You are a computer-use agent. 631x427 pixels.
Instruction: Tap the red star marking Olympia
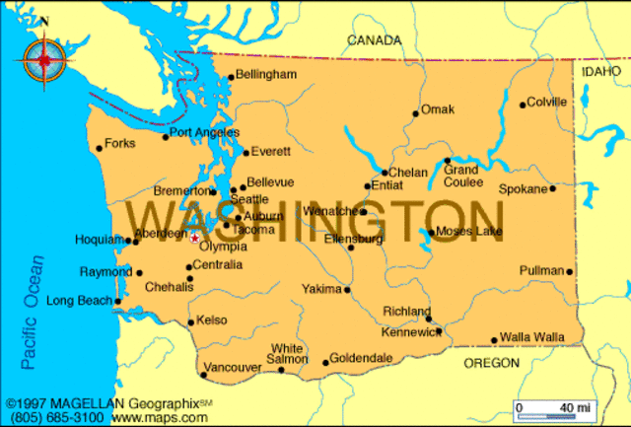(x=194, y=237)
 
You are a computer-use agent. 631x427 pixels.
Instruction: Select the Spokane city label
(x=523, y=187)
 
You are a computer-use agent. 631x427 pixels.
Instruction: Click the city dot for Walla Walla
(x=495, y=341)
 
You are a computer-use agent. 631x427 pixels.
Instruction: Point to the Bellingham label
(x=266, y=75)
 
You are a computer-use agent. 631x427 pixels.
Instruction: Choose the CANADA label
(x=375, y=40)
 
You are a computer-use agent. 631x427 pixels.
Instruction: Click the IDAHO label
(x=601, y=72)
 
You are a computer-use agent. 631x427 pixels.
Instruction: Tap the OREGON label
(x=491, y=363)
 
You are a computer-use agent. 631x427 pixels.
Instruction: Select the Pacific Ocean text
(x=33, y=313)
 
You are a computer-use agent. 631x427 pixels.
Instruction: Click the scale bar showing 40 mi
(x=546, y=407)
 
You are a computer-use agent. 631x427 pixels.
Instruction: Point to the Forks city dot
(x=100, y=149)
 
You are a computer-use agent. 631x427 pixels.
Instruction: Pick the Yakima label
(x=321, y=289)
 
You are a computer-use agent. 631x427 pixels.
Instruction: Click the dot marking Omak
(x=416, y=113)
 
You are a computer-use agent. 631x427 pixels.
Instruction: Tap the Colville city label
(x=547, y=102)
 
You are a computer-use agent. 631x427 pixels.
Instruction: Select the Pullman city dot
(x=570, y=272)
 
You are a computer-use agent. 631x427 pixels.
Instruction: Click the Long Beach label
(x=80, y=301)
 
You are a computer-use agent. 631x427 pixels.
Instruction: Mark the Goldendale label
(x=362, y=359)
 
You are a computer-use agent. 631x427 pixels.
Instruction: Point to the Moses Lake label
(x=468, y=232)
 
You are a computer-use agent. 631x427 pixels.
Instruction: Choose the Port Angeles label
(x=204, y=132)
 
